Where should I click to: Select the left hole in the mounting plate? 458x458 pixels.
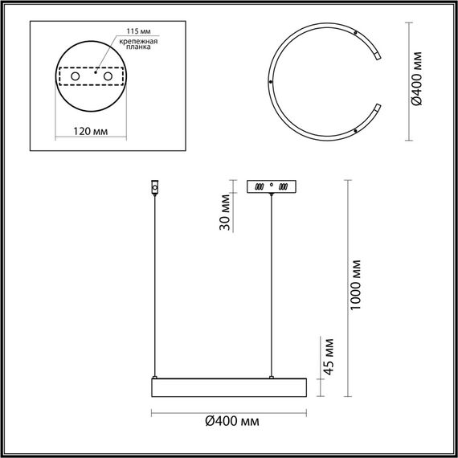(76, 76)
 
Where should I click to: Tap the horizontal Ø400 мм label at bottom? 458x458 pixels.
(231, 421)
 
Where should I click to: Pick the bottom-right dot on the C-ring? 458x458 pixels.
(355, 129)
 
